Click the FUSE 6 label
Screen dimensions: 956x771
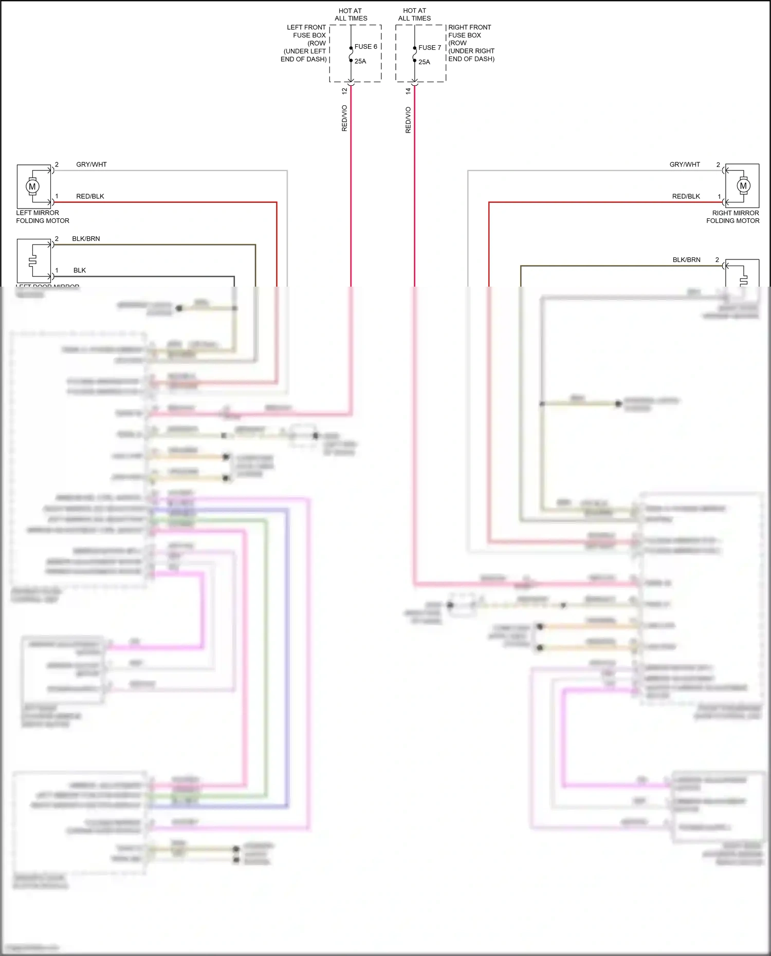(365, 47)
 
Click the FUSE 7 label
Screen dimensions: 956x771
(430, 48)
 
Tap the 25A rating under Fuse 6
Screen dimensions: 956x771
(360, 62)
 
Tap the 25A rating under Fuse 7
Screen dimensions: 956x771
(424, 62)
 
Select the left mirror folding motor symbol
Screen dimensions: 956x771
(33, 186)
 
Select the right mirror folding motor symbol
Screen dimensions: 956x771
(743, 186)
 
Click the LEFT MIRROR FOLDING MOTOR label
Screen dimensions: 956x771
(42, 217)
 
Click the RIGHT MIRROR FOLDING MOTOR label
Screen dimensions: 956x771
(733, 217)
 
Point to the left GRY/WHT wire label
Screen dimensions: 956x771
(91, 165)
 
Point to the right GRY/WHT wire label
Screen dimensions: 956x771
(685, 165)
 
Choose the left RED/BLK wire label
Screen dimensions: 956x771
(90, 197)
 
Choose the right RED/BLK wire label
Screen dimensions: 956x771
(686, 197)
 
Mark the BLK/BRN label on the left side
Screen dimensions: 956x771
(86, 239)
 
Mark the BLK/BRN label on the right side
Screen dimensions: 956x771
(686, 260)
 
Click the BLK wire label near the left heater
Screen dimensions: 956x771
(80, 271)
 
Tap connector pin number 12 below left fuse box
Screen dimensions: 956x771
(344, 91)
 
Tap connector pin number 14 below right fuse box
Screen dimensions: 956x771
(408, 91)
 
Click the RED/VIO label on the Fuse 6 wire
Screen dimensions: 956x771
(344, 119)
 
